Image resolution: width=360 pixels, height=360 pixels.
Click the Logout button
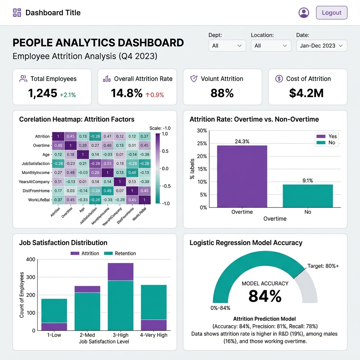pos(332,13)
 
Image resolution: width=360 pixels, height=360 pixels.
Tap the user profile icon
pos(304,13)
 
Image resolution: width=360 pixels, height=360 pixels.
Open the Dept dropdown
pos(227,46)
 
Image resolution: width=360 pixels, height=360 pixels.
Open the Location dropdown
pos(271,46)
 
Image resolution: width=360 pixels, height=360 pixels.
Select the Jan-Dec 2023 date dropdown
pos(322,46)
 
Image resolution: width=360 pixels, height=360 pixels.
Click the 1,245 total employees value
pos(43,93)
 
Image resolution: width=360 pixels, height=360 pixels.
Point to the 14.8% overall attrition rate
pos(127,93)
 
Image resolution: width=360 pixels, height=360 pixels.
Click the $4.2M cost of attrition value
pos(306,93)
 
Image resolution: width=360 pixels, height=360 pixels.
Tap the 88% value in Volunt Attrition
pos(222,93)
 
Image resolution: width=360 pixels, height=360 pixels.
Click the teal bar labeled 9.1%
pos(308,196)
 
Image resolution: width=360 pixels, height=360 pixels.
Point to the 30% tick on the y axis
pos(202,131)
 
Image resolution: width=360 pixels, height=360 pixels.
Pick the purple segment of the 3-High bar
pos(121,272)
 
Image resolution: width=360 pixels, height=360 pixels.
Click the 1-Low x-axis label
pos(54,335)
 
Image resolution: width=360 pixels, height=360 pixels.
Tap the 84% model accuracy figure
pos(265,296)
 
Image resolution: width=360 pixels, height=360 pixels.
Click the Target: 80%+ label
pos(323,266)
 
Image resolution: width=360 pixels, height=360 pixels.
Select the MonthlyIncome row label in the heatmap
pos(34,173)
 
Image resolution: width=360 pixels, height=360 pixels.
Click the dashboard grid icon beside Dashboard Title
pos(17,13)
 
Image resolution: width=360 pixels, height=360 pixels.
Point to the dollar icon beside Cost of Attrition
pos(279,79)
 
